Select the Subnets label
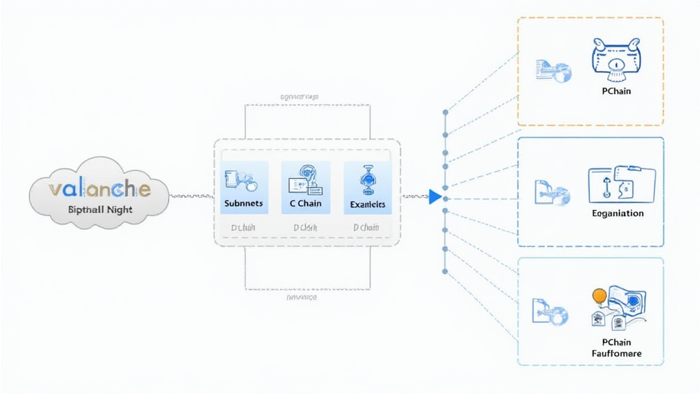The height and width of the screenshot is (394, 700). (x=243, y=204)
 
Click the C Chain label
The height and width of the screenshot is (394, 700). (x=306, y=204)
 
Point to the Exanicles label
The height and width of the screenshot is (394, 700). (x=367, y=204)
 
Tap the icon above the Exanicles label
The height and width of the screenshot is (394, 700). (x=368, y=179)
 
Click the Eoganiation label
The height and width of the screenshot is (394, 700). (x=617, y=213)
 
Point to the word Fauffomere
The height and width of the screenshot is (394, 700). (x=617, y=354)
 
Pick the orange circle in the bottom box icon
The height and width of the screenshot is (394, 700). (x=600, y=295)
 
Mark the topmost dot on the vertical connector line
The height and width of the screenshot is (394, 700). (x=446, y=111)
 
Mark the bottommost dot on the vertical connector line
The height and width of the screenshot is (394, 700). (x=446, y=272)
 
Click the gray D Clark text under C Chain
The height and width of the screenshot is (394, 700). (x=305, y=227)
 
